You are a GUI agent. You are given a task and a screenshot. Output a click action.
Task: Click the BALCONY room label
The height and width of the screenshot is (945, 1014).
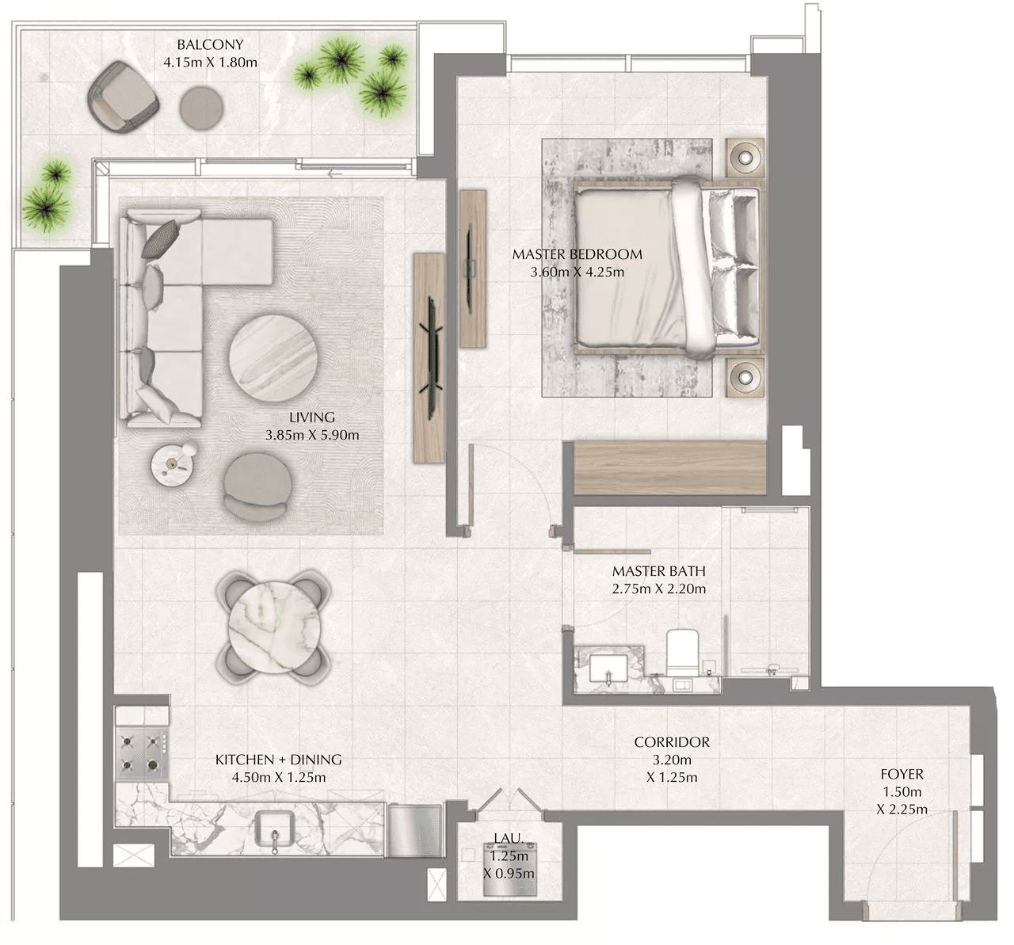click(x=210, y=45)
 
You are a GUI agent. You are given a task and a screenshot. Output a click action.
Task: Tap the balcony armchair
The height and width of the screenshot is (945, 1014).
click(x=123, y=97)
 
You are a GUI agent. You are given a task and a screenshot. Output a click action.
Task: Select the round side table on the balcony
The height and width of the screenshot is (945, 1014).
click(x=201, y=108)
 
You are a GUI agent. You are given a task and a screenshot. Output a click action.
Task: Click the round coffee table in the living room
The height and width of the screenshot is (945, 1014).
click(x=273, y=358)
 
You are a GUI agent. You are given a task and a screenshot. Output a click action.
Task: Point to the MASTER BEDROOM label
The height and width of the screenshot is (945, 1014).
click(x=577, y=254)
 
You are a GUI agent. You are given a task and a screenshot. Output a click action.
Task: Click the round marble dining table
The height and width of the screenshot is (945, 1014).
click(x=274, y=627)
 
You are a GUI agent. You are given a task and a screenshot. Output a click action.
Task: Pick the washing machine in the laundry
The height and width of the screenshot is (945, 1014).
click(x=509, y=876)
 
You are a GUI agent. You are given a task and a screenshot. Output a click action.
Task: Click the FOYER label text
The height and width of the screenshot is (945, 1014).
click(x=902, y=774)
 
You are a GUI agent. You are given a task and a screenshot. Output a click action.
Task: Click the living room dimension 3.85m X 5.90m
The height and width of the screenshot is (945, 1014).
click(x=312, y=435)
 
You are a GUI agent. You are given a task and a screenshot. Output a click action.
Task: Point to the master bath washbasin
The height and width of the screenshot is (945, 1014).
click(x=608, y=669)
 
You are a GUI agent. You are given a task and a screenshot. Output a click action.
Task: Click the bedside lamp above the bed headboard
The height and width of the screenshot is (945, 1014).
click(x=745, y=158)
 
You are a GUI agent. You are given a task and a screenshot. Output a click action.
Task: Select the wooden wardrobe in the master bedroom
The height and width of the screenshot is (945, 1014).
click(x=670, y=467)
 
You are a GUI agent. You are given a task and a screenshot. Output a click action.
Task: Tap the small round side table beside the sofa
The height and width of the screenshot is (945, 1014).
click(x=173, y=465)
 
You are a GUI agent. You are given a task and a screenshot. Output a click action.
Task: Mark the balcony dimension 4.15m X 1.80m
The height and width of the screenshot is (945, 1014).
click(x=210, y=63)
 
